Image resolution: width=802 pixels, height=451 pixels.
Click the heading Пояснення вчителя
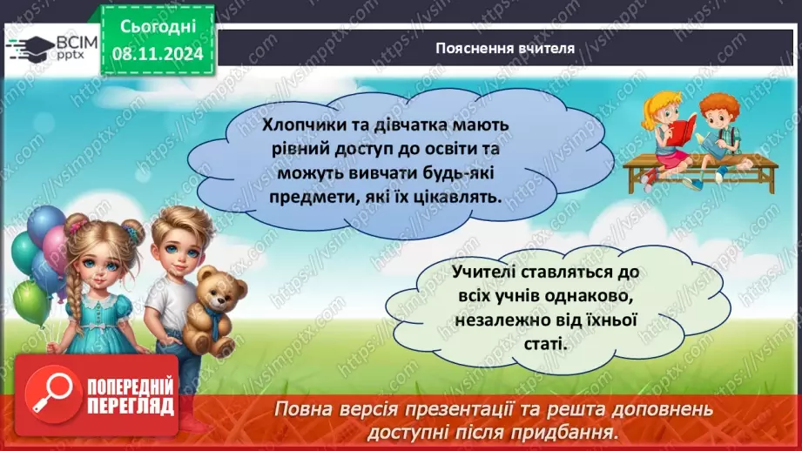pyautogui.click(x=505, y=49)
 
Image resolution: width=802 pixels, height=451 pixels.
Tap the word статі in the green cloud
pyautogui.click(x=545, y=343)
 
